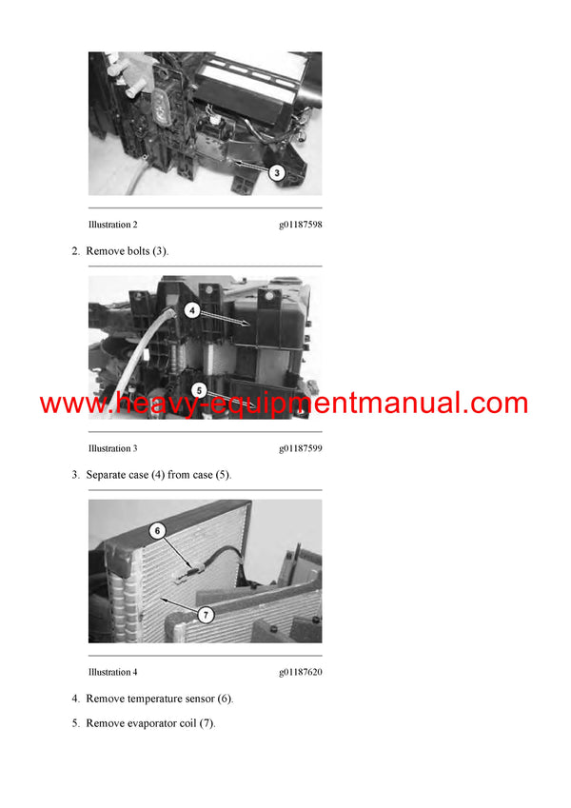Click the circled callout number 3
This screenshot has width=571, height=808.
[275, 173]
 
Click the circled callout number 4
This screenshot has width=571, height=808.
[191, 310]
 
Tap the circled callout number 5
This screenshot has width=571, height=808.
[199, 390]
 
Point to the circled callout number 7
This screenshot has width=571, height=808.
[207, 616]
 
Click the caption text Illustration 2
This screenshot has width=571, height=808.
[112, 225]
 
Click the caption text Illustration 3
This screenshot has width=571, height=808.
[112, 448]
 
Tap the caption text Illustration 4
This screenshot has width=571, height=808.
[112, 672]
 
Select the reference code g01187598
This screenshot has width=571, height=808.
[300, 225]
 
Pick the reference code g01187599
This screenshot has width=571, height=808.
[300, 448]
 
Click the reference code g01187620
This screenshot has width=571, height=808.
[300, 672]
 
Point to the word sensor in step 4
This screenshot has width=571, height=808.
[207, 699]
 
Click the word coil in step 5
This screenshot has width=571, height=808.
[199, 723]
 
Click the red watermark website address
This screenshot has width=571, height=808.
[284, 403]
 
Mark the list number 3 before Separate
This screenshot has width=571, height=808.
[74, 474]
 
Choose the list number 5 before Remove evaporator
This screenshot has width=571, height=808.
[74, 723]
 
